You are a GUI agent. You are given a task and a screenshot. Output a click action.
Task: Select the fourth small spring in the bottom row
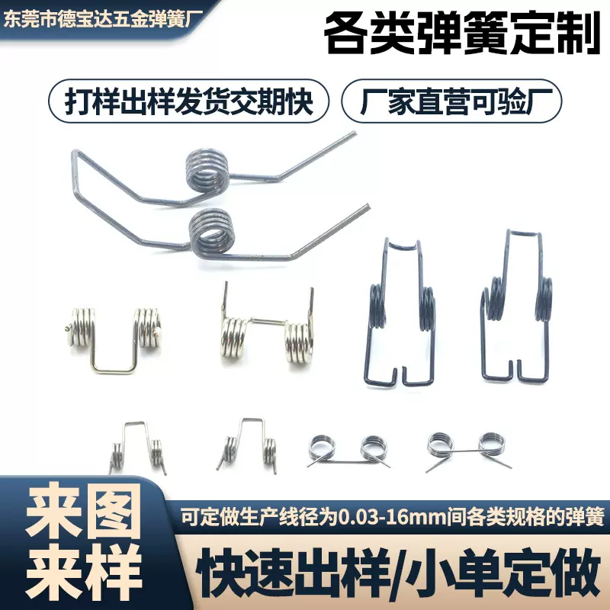click(465, 445)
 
